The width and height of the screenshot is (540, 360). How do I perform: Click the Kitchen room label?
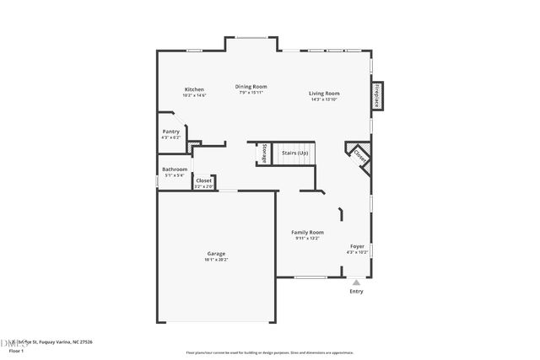click(x=195, y=89)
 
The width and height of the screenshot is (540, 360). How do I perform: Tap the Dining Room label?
click(x=251, y=86)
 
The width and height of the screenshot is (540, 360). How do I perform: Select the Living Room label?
click(x=324, y=94)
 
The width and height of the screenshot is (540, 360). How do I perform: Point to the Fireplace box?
click(x=377, y=95)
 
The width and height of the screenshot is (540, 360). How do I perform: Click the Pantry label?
click(x=171, y=132)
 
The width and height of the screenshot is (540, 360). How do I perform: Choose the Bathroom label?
click(x=175, y=169)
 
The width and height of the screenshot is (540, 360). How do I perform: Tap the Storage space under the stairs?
click(x=264, y=153)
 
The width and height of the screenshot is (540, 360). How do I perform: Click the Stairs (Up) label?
click(x=294, y=153)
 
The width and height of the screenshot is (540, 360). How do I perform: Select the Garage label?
click(x=216, y=254)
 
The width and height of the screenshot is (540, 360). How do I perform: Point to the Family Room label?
click(x=308, y=232)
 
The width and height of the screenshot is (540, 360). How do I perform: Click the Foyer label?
click(x=358, y=246)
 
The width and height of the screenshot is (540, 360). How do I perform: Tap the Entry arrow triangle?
click(x=356, y=282)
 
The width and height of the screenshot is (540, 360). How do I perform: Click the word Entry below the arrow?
click(x=356, y=292)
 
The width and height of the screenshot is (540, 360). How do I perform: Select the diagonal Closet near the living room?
click(x=359, y=156)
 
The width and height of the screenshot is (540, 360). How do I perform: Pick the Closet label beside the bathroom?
click(x=204, y=180)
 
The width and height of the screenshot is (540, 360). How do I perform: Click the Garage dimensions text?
click(x=216, y=260)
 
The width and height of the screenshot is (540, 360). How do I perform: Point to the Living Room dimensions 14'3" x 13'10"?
click(x=324, y=99)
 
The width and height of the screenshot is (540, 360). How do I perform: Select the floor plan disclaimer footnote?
click(x=269, y=352)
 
